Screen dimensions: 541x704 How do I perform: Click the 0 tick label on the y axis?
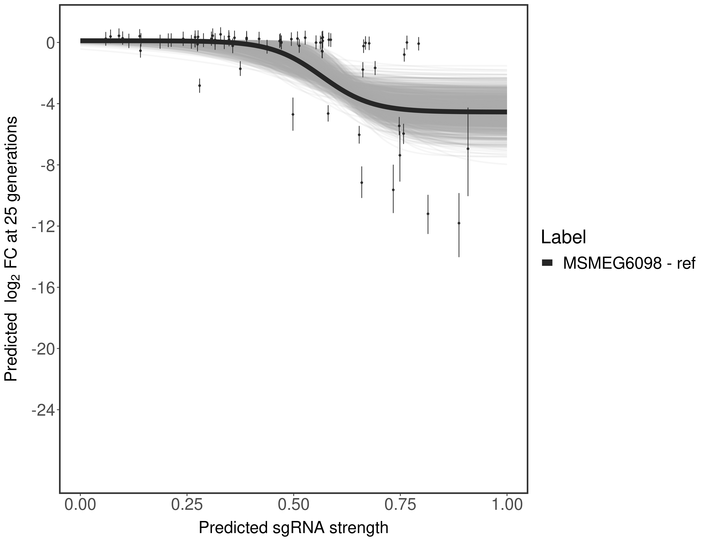click(x=50, y=43)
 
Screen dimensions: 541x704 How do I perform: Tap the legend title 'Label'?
click(x=563, y=237)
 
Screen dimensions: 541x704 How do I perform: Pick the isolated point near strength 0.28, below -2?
click(x=199, y=86)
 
